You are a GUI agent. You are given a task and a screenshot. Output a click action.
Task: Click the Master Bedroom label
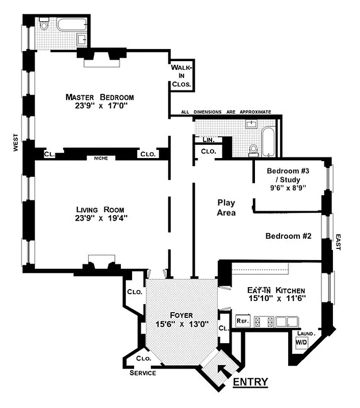coord(99,97)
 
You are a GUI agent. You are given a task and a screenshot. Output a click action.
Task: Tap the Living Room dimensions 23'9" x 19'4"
coord(99,219)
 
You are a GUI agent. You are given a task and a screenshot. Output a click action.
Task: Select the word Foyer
coord(182,315)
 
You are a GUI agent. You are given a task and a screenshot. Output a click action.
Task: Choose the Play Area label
coord(226,207)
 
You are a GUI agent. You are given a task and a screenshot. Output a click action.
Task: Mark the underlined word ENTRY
coord(250,382)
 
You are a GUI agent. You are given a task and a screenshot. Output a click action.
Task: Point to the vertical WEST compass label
coord(16,143)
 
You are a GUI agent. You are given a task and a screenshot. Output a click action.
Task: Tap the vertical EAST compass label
coord(338,242)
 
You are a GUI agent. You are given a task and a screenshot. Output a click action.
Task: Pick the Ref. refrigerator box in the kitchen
coord(242,321)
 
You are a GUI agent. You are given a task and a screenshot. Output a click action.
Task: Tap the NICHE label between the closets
coord(99,158)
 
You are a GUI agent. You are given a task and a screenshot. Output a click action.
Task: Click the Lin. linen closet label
coord(208,139)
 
